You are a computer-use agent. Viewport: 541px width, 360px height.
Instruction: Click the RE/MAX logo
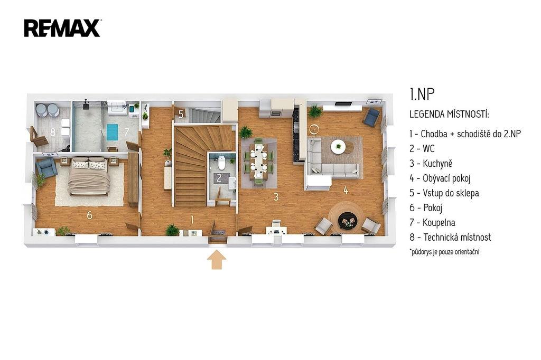coord(62,28)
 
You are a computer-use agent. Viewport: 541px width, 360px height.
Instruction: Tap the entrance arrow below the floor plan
coord(216,260)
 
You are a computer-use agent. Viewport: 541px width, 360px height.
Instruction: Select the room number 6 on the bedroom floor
coord(89,215)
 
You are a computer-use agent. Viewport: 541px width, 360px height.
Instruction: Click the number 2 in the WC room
coord(219,178)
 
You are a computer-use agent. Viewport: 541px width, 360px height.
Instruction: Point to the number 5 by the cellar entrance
coord(181,114)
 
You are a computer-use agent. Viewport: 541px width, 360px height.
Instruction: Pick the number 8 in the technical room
coord(53,132)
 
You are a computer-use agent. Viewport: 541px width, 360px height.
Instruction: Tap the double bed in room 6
coord(89,176)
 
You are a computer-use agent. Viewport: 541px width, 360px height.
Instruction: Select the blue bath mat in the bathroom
coord(112,132)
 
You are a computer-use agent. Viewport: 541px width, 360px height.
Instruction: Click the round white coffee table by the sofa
coord(338,147)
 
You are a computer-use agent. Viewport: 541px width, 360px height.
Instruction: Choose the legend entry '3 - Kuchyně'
coord(431,164)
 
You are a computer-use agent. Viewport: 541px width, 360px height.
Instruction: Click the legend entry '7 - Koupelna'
coord(432,222)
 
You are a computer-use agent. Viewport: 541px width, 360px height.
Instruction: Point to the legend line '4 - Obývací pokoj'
coord(440,178)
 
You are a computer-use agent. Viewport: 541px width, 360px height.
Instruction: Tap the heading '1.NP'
coord(422,94)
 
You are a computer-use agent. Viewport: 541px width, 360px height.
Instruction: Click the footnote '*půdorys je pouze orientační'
coord(444,251)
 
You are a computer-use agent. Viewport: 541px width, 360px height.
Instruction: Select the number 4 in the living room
coord(346,190)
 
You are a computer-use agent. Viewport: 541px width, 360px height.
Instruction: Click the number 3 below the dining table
coord(276,196)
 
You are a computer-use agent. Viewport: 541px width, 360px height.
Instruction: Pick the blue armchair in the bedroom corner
coord(46,168)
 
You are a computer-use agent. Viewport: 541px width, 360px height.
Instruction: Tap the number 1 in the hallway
coord(192,219)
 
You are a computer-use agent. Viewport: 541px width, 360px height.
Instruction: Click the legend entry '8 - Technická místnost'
coord(450,237)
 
